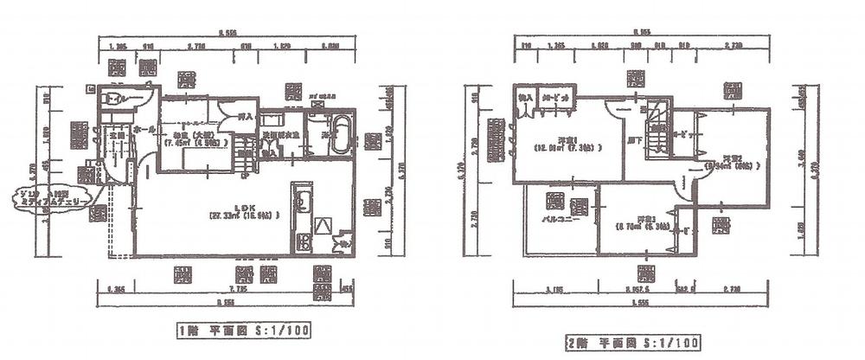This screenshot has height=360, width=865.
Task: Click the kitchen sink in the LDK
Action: (303, 204)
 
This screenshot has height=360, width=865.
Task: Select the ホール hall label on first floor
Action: (145, 129)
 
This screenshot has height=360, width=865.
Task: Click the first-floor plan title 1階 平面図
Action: (243, 330)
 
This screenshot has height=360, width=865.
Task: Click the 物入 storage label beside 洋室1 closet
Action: (525, 98)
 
